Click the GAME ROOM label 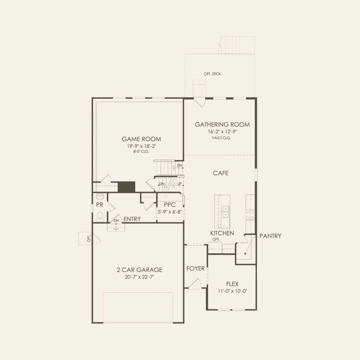[141, 139]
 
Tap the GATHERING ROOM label [222, 125]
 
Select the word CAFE [221, 173]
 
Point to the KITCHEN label [222, 233]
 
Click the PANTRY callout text [270, 236]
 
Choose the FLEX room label [232, 284]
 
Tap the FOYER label [195, 268]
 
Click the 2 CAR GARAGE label [139, 270]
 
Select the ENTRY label [132, 219]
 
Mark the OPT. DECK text [213, 74]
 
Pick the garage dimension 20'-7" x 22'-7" [139, 277]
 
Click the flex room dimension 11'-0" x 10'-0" [232, 291]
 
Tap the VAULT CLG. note [221, 138]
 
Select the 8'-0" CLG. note [141, 152]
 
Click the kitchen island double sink [225, 211]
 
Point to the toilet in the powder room [100, 215]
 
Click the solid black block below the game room [127, 187]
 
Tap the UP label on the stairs [179, 184]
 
